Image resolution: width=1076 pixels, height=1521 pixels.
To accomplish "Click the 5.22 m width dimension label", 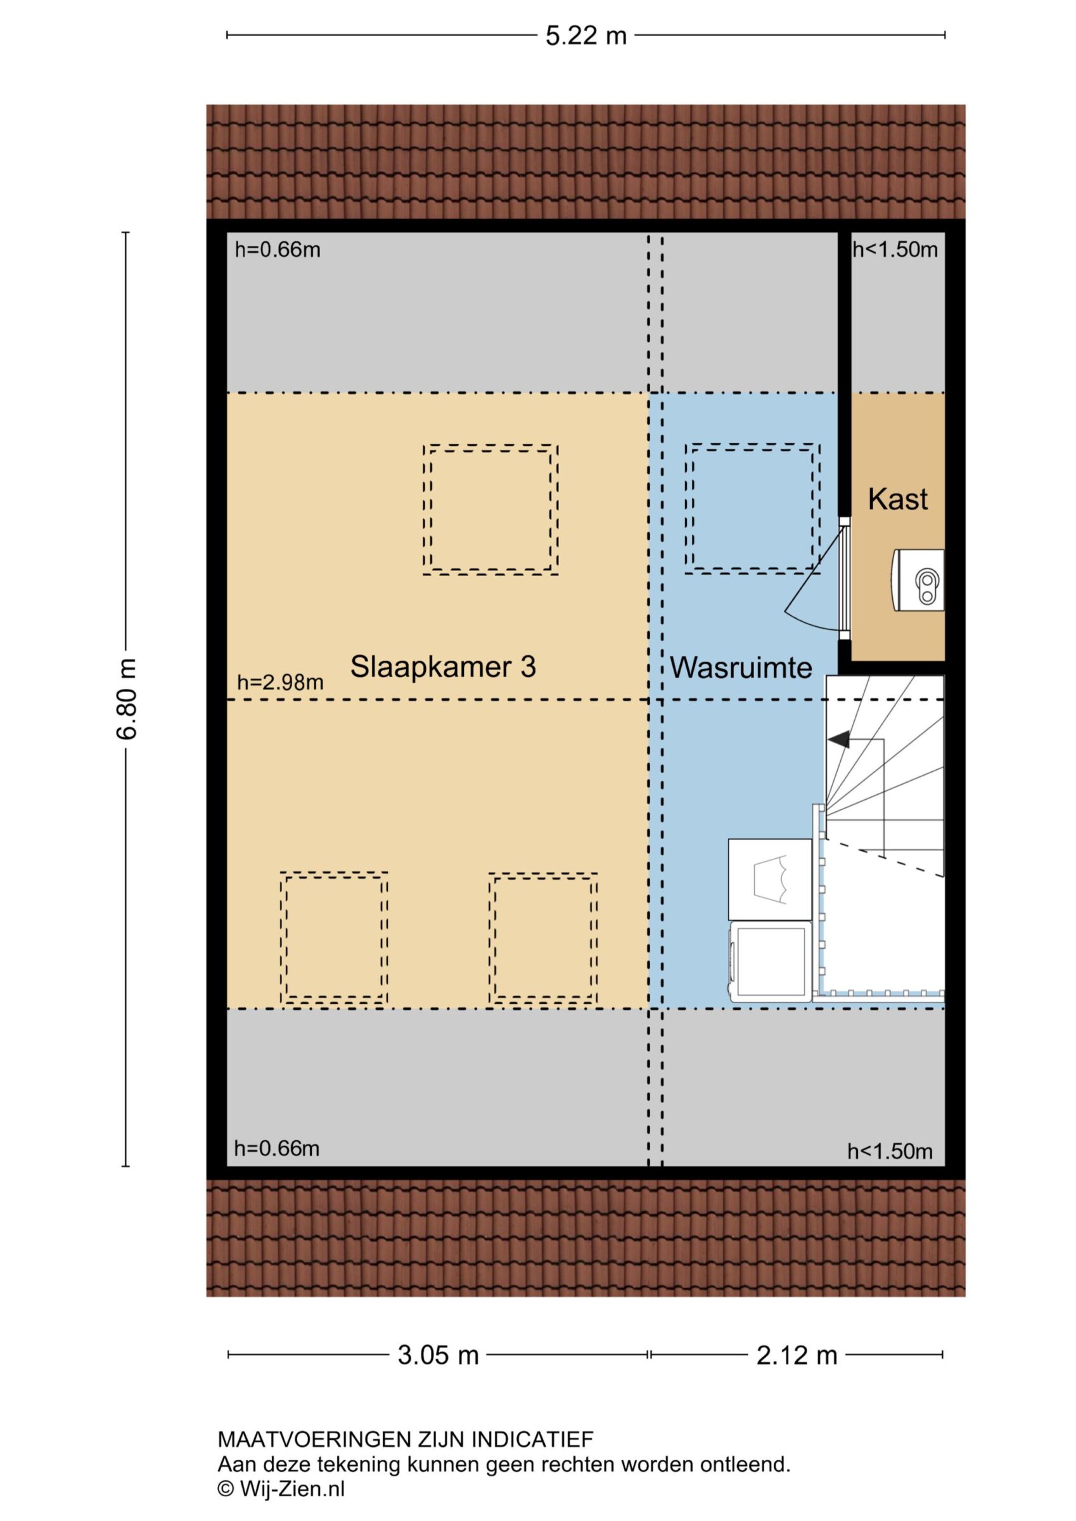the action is click(x=586, y=35).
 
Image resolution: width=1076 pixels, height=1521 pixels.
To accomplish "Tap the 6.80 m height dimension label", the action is click(x=127, y=699).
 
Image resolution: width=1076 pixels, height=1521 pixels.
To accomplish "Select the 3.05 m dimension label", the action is click(x=438, y=1355).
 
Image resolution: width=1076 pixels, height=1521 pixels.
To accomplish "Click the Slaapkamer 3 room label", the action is click(x=442, y=667).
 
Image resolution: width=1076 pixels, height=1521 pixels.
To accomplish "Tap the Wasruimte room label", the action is click(x=741, y=668).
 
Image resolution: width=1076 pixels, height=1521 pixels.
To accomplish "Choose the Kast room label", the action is click(x=898, y=499).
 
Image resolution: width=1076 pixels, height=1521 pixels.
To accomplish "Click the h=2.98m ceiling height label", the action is click(x=280, y=682).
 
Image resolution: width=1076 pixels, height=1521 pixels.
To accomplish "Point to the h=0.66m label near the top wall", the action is click(x=278, y=250).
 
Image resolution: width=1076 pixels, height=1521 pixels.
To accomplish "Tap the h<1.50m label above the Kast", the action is click(x=895, y=250).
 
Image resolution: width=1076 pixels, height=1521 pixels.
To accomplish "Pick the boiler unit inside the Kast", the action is click(x=918, y=581).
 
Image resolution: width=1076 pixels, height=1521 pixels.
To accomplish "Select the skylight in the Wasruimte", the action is click(x=753, y=508).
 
